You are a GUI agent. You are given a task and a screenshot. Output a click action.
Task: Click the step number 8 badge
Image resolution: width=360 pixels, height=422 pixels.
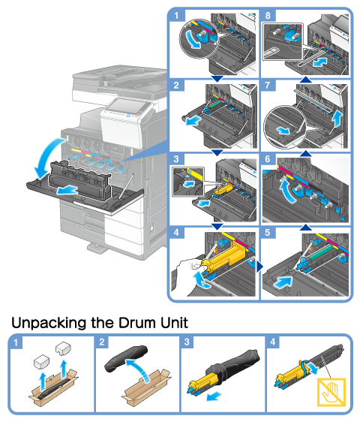pos(268,15)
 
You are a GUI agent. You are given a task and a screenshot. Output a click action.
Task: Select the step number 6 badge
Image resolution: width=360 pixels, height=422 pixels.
pos(268,159)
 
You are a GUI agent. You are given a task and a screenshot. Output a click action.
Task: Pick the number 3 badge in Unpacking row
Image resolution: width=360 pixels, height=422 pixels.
pos(187,342)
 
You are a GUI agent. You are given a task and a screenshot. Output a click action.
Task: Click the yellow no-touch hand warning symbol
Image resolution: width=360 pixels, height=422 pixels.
pos(331,392)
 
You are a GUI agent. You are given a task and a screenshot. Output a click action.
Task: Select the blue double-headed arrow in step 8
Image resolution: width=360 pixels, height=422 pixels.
pos(320,63)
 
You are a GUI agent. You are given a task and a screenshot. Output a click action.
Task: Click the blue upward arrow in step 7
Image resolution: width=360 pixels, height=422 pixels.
pos(337,119)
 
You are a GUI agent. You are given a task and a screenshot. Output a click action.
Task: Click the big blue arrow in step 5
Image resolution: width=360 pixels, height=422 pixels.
pos(283,282)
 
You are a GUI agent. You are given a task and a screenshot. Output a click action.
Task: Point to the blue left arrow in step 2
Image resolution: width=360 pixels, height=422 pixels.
pos(193,120)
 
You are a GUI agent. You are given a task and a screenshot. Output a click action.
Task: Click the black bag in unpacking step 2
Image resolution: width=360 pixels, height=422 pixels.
pos(126,358)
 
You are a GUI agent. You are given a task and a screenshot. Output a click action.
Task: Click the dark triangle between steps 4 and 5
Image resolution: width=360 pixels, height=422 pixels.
pos(259,267)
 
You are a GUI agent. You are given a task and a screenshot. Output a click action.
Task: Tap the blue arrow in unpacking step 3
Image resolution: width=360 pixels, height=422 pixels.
pos(214,396)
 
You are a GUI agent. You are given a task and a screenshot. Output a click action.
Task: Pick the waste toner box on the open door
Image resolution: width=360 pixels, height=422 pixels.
pos(79,179)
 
